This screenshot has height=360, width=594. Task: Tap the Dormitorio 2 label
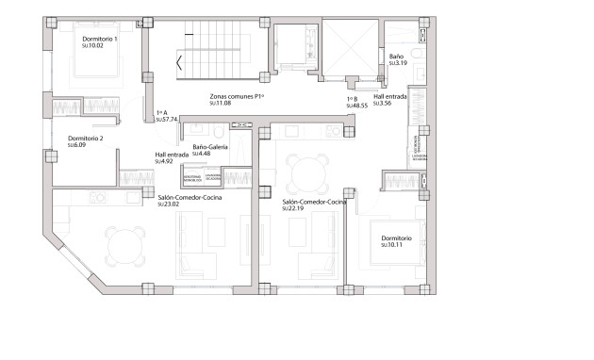coord(86,139)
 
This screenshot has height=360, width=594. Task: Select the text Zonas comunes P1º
coord(237,96)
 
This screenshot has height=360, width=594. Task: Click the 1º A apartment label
coord(161,112)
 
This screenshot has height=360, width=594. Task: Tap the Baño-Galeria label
coord(211,147)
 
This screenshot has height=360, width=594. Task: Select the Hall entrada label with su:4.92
coord(173,154)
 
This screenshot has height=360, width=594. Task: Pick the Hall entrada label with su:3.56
coord(390,96)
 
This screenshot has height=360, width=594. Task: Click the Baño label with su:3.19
coord(398,57)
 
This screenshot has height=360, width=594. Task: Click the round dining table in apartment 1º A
coord(124,248)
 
